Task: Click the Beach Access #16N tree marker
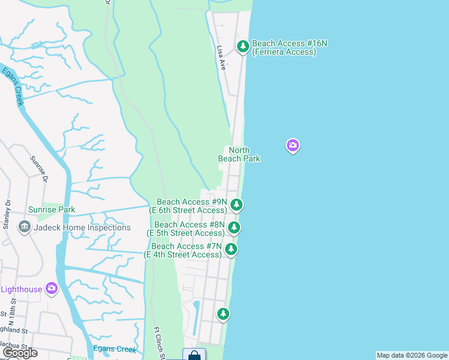pos(243,46)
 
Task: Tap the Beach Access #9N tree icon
pos(237,205)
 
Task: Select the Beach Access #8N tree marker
pos(234,227)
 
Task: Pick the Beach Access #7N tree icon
pos(231,250)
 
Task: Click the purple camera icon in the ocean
pos(292,145)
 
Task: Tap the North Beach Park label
pos(239,154)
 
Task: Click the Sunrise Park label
pos(52,210)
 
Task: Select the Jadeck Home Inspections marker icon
pos(25,227)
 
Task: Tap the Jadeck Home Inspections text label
pos(82,228)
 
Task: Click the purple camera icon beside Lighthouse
pos(52,289)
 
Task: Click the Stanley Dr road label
pos(7,215)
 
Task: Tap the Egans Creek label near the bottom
pos(118,349)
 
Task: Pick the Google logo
pos(19,353)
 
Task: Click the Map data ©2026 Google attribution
pos(412,355)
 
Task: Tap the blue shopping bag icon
pos(194,355)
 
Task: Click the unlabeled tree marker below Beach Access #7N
pos(223,314)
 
